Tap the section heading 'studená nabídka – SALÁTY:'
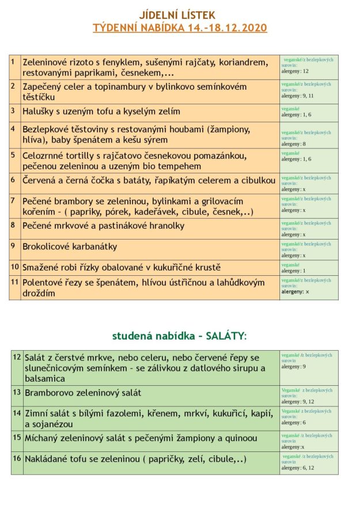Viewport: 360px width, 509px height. [179, 335]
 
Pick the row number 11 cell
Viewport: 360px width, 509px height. [15, 282]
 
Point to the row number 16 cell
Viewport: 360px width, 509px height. [17, 458]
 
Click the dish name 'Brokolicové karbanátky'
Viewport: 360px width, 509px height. [70, 246]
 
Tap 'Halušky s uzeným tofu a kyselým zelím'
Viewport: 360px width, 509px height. [101, 111]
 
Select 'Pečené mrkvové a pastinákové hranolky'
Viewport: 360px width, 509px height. [103, 226]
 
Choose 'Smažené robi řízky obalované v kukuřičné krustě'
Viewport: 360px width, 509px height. [122, 268]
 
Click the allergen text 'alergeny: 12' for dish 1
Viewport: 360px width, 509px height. [295, 71]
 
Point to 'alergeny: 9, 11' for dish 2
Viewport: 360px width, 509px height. [297, 96]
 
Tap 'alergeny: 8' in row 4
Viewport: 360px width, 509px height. [293, 144]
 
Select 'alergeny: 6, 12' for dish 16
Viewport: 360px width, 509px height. [298, 468]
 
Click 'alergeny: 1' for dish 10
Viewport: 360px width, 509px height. [293, 271]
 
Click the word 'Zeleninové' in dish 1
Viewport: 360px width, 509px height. [48, 62]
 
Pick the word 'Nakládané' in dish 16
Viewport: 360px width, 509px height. [49, 459]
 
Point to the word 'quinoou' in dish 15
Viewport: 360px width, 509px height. [240, 438]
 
